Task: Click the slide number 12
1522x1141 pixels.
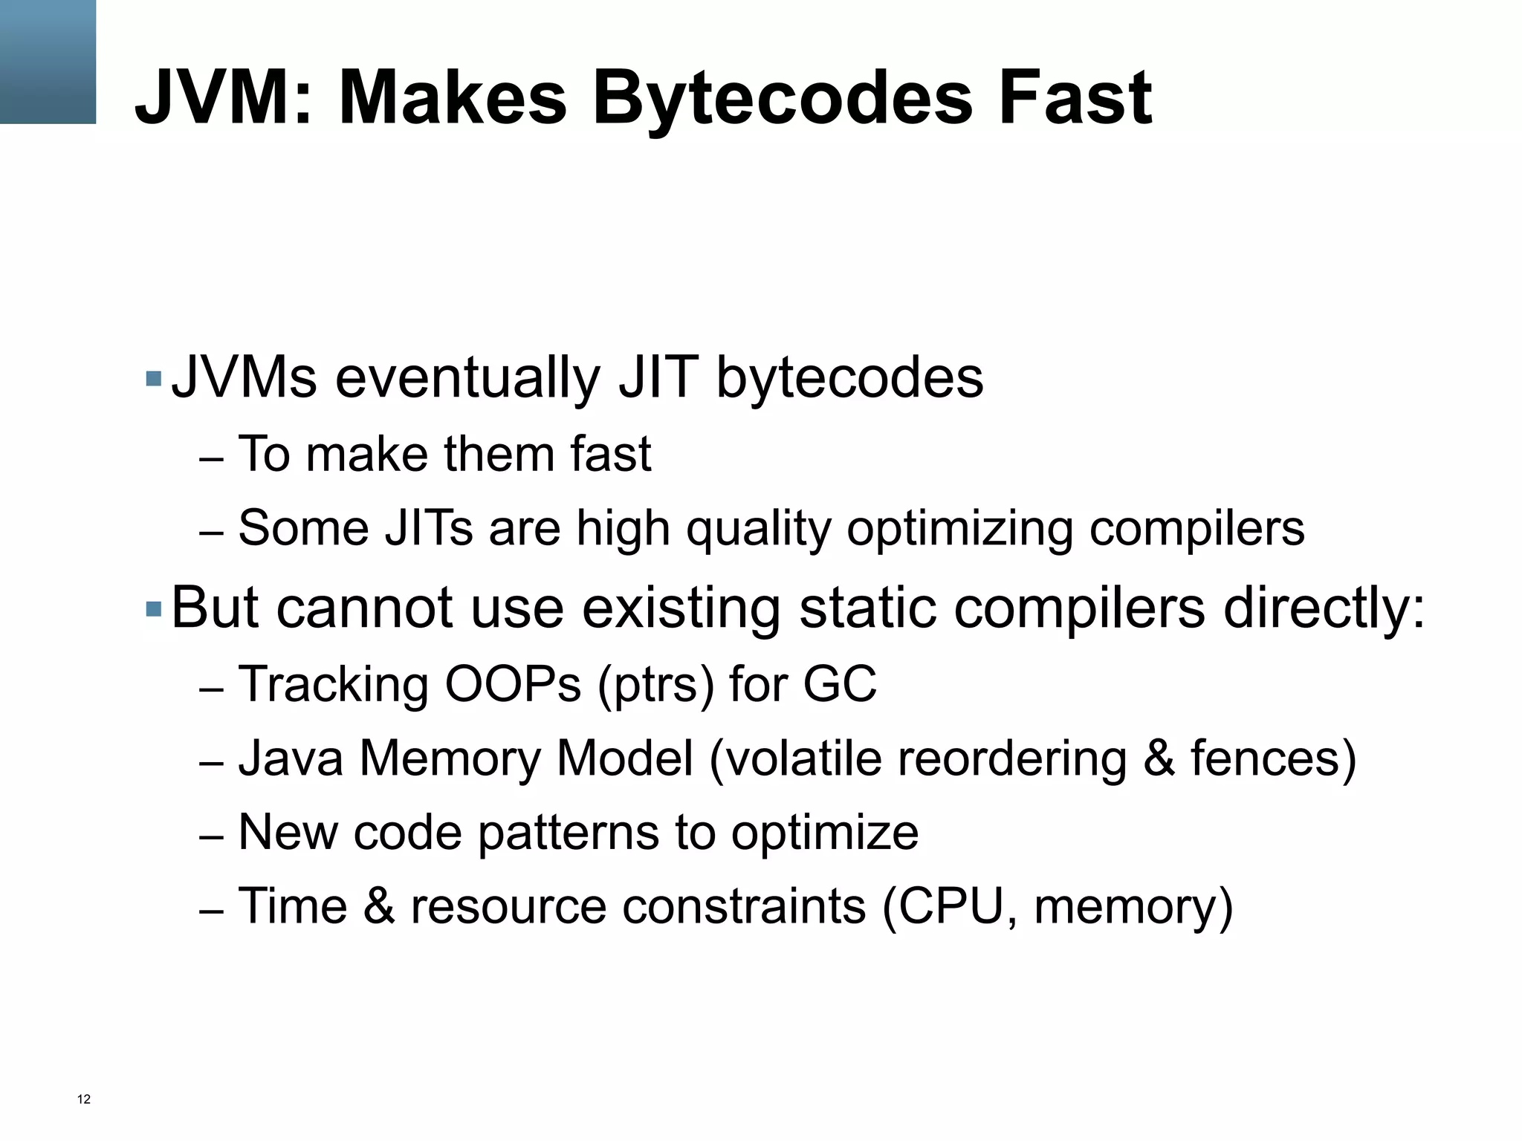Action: pos(84,1099)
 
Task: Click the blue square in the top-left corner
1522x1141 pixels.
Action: pos(48,62)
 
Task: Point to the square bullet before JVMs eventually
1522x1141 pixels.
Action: pos(154,379)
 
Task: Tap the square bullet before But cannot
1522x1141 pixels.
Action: pos(154,610)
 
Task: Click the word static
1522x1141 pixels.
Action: pos(867,608)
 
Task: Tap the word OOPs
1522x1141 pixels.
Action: pos(513,683)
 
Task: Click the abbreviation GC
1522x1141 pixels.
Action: pos(840,683)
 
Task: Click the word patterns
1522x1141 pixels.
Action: pos(568,833)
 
